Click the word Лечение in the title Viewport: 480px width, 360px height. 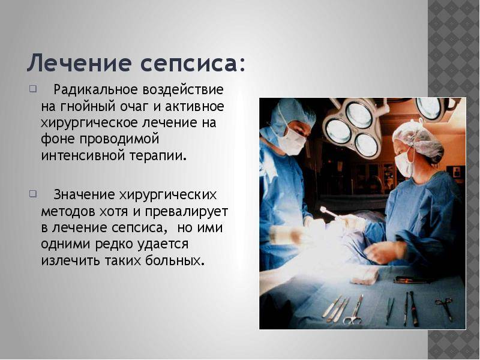point(80,62)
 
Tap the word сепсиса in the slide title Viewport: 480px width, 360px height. point(188,64)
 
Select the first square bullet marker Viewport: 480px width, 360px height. point(33,89)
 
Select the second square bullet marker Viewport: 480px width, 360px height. point(33,194)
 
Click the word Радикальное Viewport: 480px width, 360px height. point(95,90)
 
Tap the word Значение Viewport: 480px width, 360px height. point(84,194)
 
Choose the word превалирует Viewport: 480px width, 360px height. point(187,212)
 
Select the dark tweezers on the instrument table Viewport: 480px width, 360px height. point(389,310)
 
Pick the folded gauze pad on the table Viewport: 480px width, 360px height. point(365,275)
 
